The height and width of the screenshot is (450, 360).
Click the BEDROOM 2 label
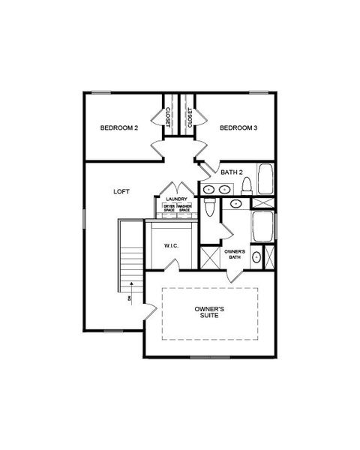pyautogui.click(x=119, y=128)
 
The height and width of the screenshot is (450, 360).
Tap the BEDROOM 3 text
pyautogui.click(x=238, y=128)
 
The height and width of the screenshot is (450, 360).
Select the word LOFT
pyautogui.click(x=121, y=192)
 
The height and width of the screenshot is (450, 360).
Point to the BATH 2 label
pyautogui.click(x=232, y=172)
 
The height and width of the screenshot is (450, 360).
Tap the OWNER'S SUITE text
pyautogui.click(x=209, y=313)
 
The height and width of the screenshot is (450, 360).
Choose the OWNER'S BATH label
pyautogui.click(x=234, y=253)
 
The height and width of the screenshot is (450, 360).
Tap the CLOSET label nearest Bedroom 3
pyautogui.click(x=190, y=117)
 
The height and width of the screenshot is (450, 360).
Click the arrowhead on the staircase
pyautogui.click(x=131, y=283)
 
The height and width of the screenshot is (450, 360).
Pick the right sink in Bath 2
pyautogui.click(x=224, y=189)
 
